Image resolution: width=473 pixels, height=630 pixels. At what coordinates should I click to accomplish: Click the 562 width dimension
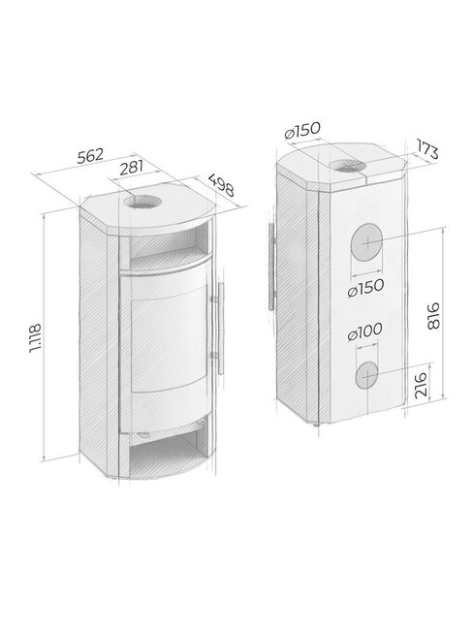(90, 155)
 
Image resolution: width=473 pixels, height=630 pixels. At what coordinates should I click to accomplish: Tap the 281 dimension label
(132, 168)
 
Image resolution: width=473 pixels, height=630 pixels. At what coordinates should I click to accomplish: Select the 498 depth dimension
(221, 185)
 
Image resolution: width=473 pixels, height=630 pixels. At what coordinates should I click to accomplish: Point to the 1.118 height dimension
(35, 337)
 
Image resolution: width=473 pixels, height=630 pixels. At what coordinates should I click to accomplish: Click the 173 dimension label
(426, 149)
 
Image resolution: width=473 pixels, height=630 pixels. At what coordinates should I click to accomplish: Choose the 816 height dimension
(433, 316)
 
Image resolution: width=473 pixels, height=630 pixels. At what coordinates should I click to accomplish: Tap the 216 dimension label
(421, 385)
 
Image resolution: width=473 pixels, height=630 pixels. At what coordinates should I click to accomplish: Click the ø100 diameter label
(364, 331)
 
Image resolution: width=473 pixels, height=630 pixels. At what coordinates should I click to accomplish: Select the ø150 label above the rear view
(302, 130)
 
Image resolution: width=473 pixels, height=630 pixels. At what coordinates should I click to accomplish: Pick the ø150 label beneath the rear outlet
(365, 288)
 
